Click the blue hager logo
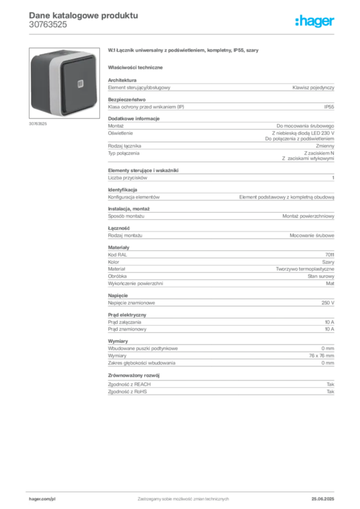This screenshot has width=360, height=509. (x=315, y=22)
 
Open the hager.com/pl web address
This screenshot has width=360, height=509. (x=42, y=498)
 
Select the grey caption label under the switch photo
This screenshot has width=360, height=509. (x=37, y=124)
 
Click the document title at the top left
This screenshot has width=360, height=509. (x=82, y=15)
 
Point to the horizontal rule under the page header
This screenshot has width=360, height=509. (x=199, y=33)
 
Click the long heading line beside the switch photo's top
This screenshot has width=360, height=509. (x=184, y=51)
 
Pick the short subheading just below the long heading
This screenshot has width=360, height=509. (x=137, y=67)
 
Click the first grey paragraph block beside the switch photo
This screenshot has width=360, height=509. (x=221, y=88)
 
